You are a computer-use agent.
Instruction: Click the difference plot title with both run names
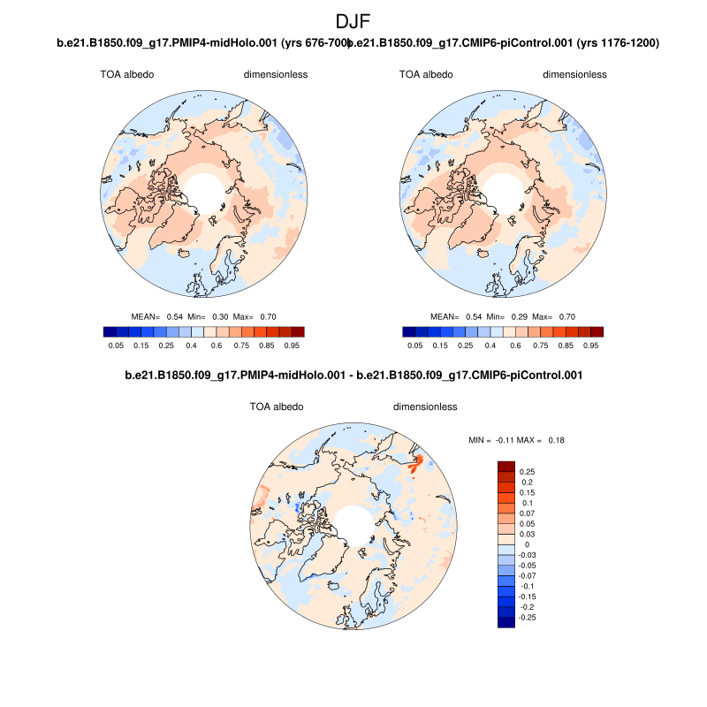353,376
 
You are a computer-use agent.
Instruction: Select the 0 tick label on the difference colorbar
527,544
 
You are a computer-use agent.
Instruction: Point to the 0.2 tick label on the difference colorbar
528,482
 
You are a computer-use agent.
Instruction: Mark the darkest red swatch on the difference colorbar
506,466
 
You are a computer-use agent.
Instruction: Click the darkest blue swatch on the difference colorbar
506,622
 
